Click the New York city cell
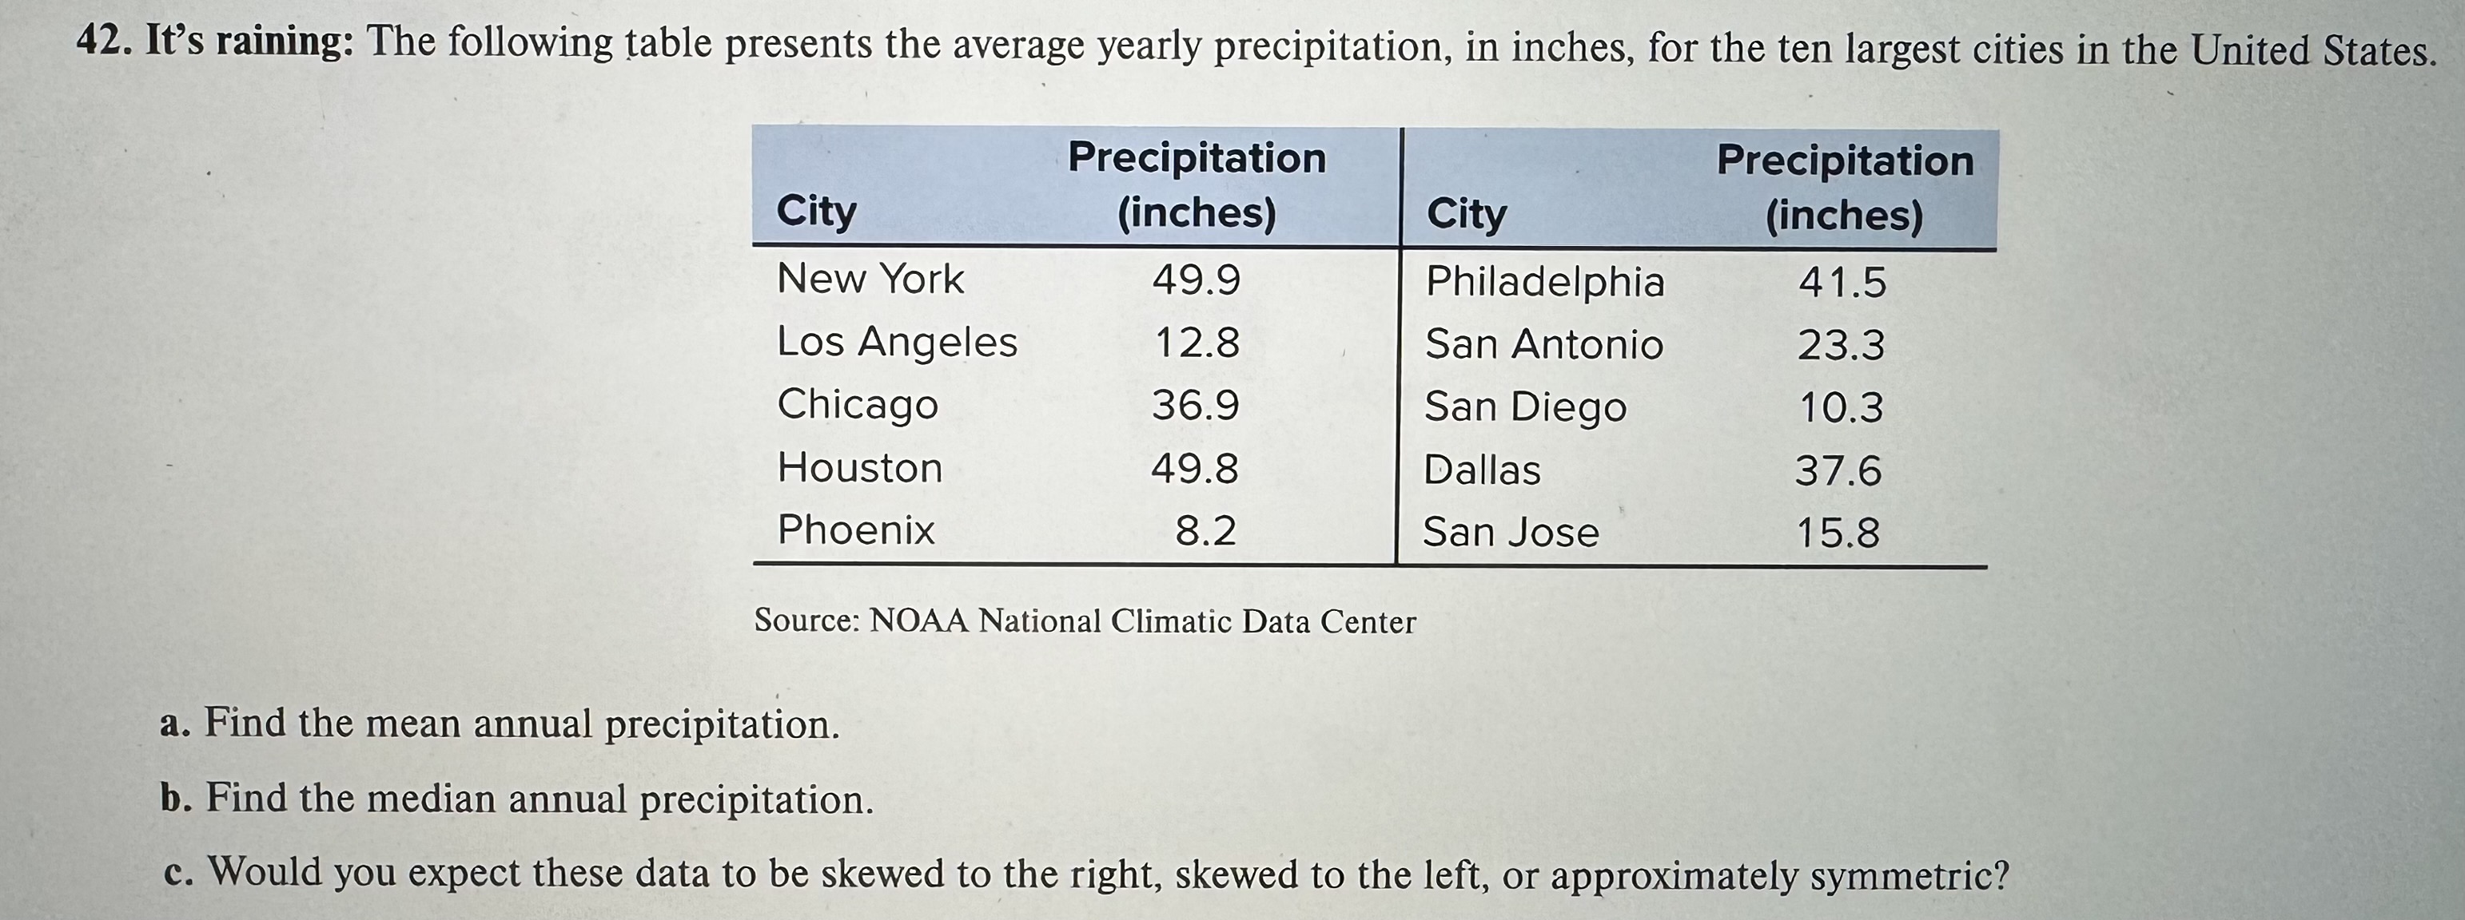(x=870, y=280)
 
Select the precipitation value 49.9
(x=1197, y=280)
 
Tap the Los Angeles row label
(x=897, y=343)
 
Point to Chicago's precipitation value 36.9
(x=1195, y=406)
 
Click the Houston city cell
(x=859, y=469)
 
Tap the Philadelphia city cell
(x=1544, y=282)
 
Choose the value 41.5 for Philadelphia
(x=1842, y=283)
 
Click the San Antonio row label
(x=1543, y=344)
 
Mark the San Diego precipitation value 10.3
(x=1841, y=408)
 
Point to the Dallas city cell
(x=1481, y=470)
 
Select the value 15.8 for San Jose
(x=1838, y=533)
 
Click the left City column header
(x=816, y=210)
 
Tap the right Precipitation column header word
(x=1845, y=161)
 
